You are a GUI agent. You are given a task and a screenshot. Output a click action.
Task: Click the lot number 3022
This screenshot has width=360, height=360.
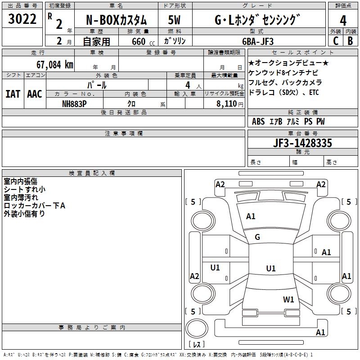pos(22,19)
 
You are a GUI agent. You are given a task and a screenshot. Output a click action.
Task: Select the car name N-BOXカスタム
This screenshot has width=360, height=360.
pos(116,20)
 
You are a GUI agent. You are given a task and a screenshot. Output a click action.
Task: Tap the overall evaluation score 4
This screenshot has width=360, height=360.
pos(343,21)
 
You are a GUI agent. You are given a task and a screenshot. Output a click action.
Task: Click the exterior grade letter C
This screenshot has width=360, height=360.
pos(336,41)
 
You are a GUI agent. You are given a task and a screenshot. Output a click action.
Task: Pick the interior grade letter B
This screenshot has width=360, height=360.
pos(350,41)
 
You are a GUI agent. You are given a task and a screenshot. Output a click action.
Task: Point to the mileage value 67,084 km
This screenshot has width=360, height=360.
pos(55,65)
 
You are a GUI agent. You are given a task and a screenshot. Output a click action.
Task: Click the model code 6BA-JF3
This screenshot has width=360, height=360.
pos(258,41)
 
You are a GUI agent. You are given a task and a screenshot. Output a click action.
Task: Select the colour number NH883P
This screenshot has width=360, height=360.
pos(74,104)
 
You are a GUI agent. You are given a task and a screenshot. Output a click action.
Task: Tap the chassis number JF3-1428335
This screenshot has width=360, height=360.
pos(302,143)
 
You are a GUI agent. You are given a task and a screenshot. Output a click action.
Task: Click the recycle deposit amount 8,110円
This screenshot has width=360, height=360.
pos(230,104)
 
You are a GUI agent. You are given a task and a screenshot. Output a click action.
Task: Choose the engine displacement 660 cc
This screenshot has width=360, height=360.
pos(143,41)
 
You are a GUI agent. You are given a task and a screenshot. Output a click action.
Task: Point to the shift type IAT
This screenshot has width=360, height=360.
pos(13,94)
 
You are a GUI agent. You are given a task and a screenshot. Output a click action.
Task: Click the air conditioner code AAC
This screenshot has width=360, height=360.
pos(35,94)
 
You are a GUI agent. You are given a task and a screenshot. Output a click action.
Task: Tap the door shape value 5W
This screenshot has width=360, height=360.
pos(174,20)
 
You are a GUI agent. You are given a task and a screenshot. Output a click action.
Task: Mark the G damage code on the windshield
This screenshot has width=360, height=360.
pos(257,237)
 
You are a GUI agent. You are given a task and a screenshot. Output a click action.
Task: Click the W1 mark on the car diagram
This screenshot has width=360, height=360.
pos(288,299)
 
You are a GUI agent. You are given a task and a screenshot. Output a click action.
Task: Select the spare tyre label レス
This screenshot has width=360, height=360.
pos(197,344)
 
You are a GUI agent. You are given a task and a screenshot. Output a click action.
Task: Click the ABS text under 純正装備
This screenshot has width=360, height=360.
pos(258,121)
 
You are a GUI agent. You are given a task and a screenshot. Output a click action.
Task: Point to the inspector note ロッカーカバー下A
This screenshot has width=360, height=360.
pos(35,206)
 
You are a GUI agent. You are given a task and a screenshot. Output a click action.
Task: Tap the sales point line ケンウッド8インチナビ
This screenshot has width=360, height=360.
pos(283,73)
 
